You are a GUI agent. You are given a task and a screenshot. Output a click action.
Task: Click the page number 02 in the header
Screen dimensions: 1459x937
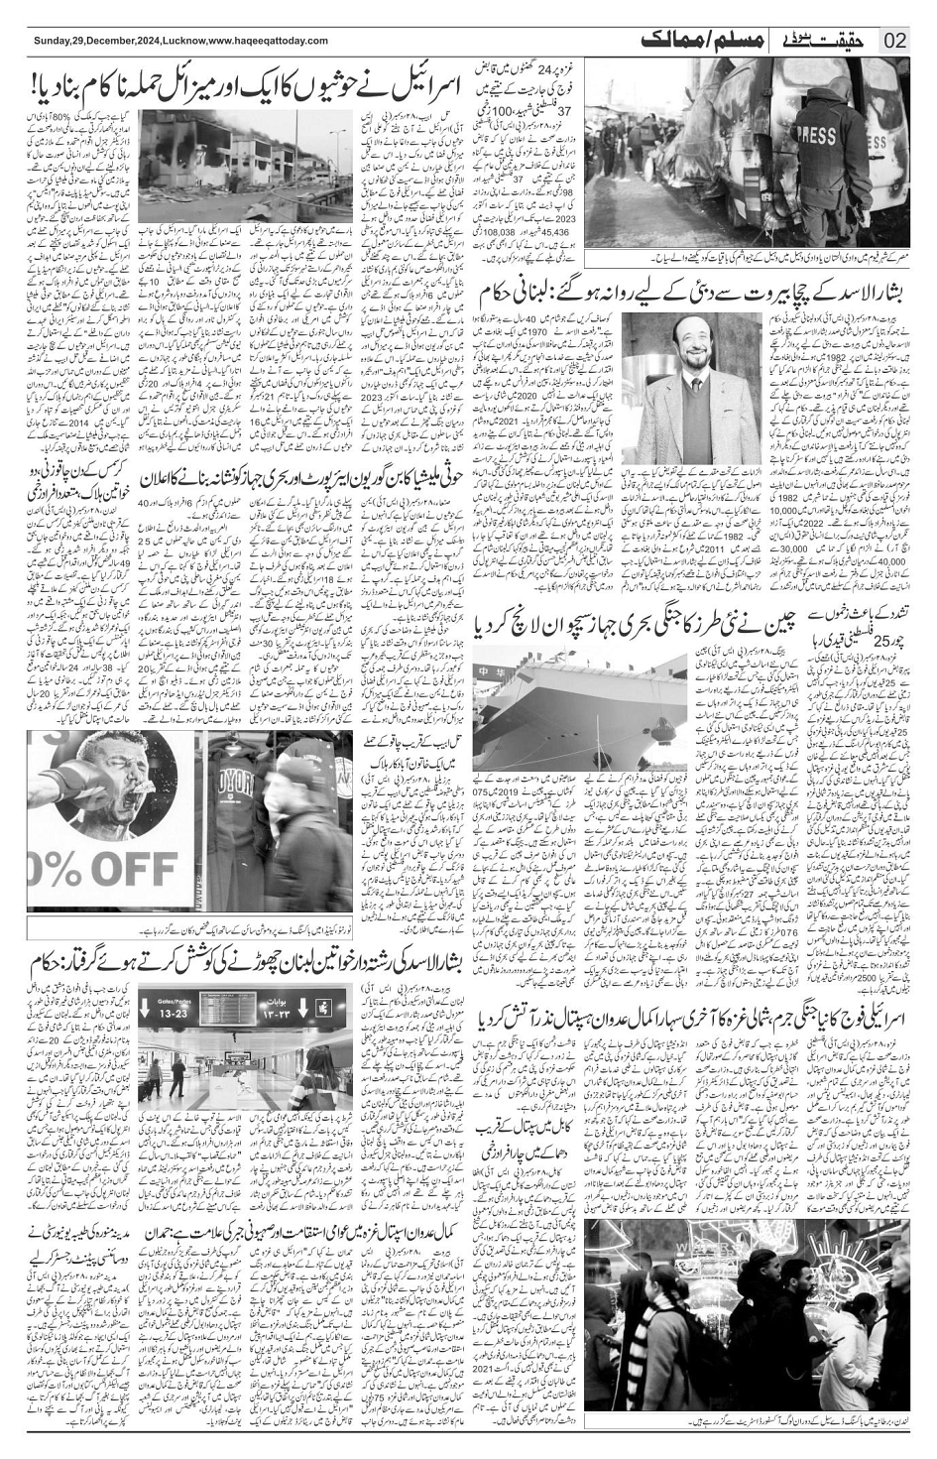coord(896,42)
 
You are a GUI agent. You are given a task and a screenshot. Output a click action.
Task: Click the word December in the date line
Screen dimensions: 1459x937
coord(109,40)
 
